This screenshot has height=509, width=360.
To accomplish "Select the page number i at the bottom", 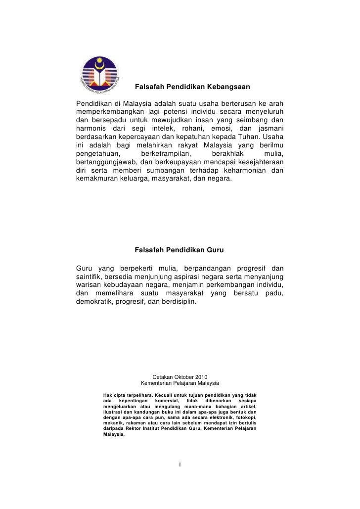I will pyautogui.click(x=180, y=464).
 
